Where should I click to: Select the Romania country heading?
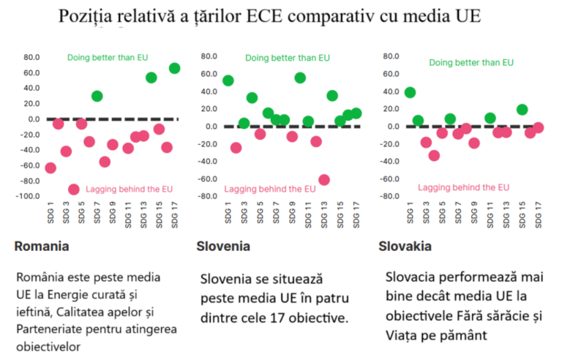(42, 246)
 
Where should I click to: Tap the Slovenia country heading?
(224, 246)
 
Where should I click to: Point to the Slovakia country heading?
(404, 246)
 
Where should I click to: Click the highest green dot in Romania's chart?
(174, 68)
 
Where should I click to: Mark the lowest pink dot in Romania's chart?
(73, 190)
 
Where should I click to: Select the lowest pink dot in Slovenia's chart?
(324, 180)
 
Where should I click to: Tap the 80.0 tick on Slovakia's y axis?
(391, 56)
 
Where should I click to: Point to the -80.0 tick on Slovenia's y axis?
(210, 196)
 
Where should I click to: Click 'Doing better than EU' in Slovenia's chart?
(287, 58)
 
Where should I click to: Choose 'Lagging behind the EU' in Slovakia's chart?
(463, 187)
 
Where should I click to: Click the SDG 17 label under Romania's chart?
(174, 216)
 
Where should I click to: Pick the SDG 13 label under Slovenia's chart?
(324, 216)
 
